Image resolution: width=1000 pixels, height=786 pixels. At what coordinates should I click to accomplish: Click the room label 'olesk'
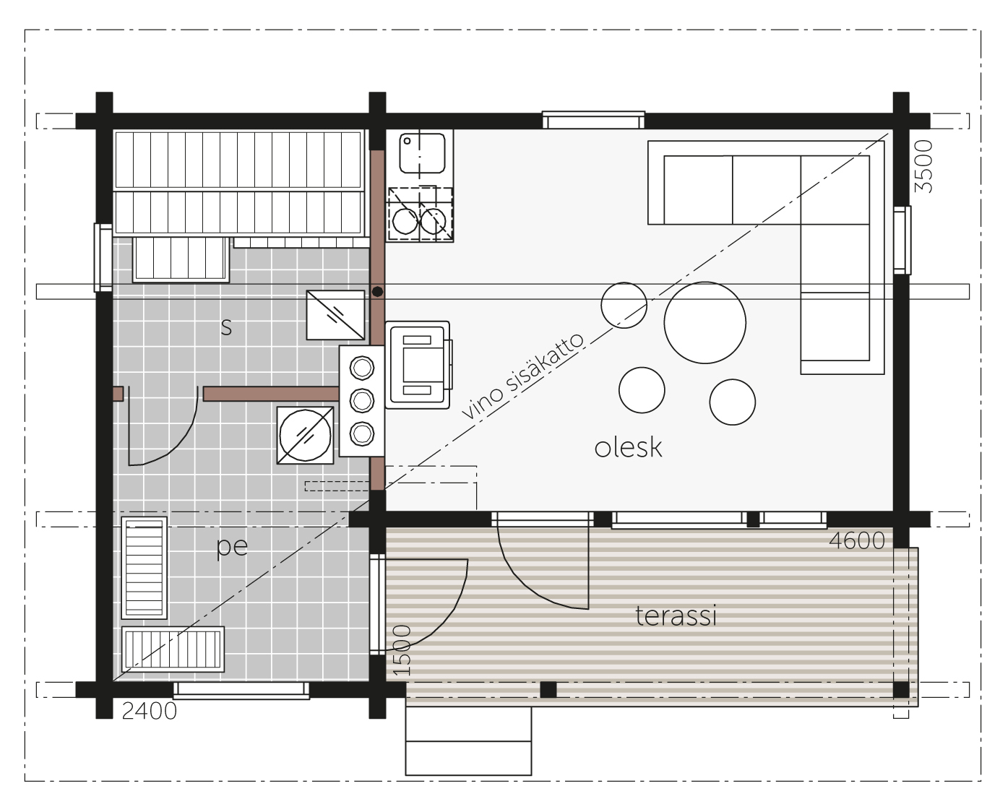(628, 447)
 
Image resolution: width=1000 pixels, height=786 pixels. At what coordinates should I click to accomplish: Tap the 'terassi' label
(676, 616)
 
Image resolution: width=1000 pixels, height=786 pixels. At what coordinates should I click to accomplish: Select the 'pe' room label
(232, 547)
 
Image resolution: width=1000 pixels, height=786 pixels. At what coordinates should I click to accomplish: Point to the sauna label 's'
(226, 327)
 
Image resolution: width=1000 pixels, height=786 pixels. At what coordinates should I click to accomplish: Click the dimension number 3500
(923, 166)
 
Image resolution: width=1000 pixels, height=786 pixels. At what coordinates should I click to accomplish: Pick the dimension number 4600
(857, 540)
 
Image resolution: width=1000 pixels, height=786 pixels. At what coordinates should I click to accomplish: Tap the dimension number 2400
(149, 711)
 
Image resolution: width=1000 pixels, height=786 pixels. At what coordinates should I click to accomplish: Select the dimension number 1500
(402, 650)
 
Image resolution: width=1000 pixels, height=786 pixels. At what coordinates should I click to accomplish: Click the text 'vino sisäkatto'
(523, 376)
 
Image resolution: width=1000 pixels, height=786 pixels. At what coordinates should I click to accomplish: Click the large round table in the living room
(704, 322)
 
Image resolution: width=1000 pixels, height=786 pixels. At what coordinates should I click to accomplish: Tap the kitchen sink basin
(422, 153)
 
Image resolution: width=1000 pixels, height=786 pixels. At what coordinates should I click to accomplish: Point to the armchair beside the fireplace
(418, 365)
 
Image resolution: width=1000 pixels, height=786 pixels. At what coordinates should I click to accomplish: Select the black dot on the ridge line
(377, 292)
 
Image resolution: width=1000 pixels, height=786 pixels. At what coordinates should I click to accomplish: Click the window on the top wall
(593, 120)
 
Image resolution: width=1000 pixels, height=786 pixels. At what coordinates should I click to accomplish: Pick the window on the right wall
(902, 240)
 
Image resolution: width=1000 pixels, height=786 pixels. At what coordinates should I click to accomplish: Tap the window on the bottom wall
(241, 691)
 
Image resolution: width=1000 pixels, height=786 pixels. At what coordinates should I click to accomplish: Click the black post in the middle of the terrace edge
(548, 690)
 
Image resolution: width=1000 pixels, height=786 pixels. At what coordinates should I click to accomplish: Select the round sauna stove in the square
(306, 436)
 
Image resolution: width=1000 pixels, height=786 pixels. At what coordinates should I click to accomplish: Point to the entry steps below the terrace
(468, 740)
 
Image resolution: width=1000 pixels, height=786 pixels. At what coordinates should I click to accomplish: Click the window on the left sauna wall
(103, 258)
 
